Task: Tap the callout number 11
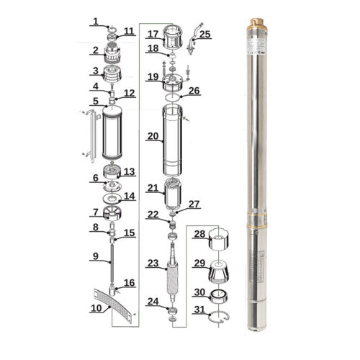[129, 31]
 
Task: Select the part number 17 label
[153, 34]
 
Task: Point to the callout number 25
[205, 33]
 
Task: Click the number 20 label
[153, 135]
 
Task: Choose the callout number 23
[153, 264]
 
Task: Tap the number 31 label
[199, 310]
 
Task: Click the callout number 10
[96, 308]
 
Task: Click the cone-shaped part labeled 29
[220, 271]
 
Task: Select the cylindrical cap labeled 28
[220, 238]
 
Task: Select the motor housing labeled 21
[174, 192]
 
